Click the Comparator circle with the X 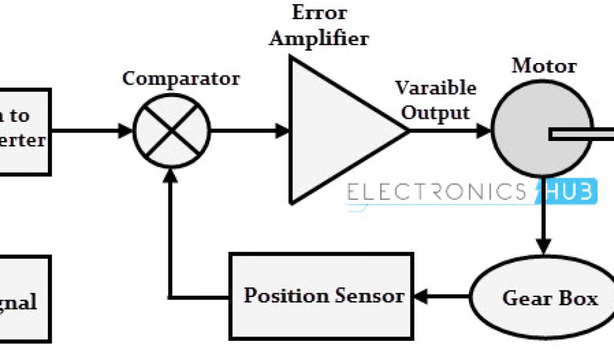171,130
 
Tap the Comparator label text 180,79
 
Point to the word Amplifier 318,38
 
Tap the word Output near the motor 435,112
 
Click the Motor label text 544,65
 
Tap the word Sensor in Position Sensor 369,296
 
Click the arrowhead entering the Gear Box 543,245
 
